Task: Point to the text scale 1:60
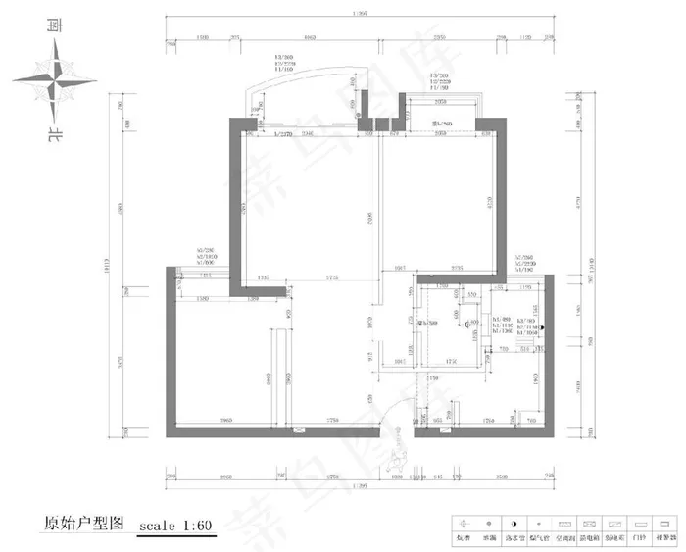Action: pyautogui.click(x=177, y=526)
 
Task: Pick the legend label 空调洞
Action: pyautogui.click(x=563, y=538)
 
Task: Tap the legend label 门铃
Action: pyautogui.click(x=641, y=538)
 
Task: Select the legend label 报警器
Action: pyautogui.click(x=666, y=538)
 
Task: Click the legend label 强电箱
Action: pyautogui.click(x=589, y=538)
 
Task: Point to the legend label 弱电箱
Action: pyautogui.click(x=614, y=538)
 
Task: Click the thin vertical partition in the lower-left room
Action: pyautogui.click(x=278, y=377)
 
